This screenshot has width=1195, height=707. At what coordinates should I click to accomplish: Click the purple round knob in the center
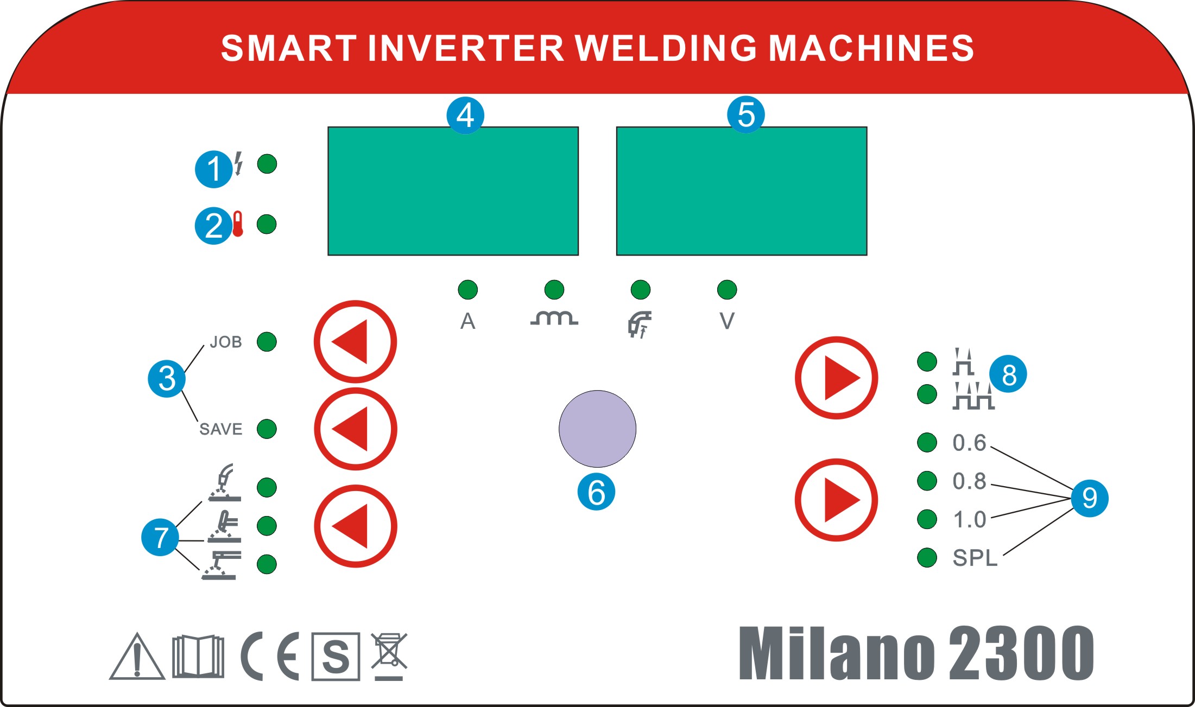coord(597,429)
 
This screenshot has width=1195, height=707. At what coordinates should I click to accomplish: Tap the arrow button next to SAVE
coord(356,429)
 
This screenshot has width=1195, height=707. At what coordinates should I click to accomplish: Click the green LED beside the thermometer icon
coord(267,224)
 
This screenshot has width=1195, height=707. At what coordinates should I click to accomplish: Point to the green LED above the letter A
coord(467,290)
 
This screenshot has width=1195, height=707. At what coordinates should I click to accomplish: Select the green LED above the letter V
coord(727,290)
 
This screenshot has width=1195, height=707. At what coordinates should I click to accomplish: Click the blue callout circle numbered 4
coord(465,115)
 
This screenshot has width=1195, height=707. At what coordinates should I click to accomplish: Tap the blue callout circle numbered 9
coord(1089,498)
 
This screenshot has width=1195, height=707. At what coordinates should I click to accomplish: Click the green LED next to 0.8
coord(927,481)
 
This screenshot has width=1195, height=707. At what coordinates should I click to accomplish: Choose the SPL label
coord(975,558)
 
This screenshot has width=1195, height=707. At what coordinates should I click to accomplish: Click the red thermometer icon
coord(238,224)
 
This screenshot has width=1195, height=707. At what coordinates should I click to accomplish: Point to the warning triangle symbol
coord(137,657)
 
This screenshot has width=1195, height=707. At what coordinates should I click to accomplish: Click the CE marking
coord(270,657)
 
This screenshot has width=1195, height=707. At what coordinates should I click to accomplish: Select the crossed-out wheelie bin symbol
coord(389,655)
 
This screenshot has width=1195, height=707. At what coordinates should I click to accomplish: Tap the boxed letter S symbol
coord(336,657)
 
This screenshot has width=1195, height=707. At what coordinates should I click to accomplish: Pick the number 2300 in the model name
coord(1021,653)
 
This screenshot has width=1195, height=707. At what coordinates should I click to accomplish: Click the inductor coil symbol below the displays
coord(554,318)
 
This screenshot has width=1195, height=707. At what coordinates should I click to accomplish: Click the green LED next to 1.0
coord(927,519)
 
